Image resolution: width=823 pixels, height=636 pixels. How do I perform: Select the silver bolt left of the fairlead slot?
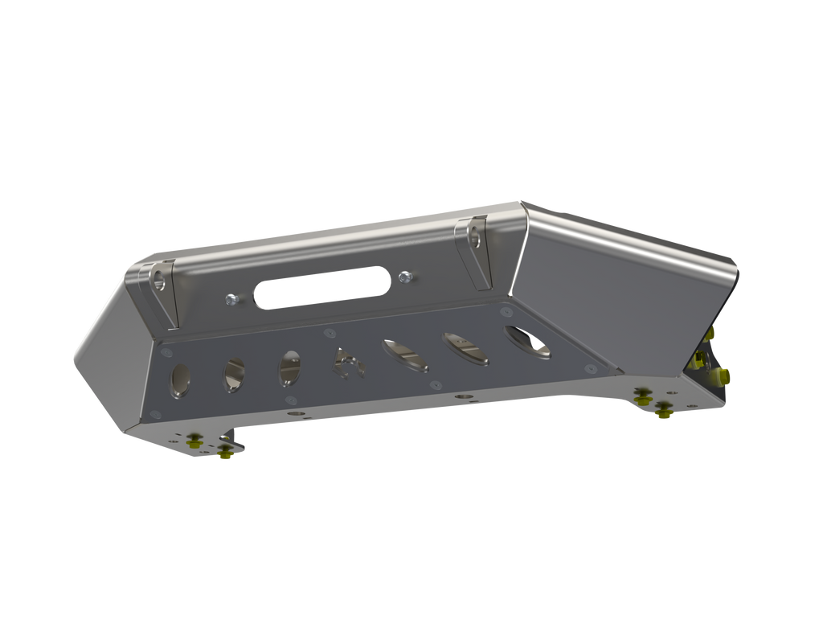tap(231, 299)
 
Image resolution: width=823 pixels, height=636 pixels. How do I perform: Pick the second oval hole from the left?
tap(235, 375)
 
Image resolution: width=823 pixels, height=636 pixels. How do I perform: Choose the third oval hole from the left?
tap(289, 367)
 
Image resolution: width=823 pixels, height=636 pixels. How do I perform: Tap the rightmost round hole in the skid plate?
tap(528, 342)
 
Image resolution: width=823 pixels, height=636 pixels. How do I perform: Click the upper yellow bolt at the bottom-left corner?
tap(194, 439)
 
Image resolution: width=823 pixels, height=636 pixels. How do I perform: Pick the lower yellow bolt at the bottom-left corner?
tap(224, 453)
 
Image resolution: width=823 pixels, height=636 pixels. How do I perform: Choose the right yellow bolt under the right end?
tap(663, 412)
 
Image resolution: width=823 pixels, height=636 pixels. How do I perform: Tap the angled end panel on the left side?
tap(109, 354)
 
